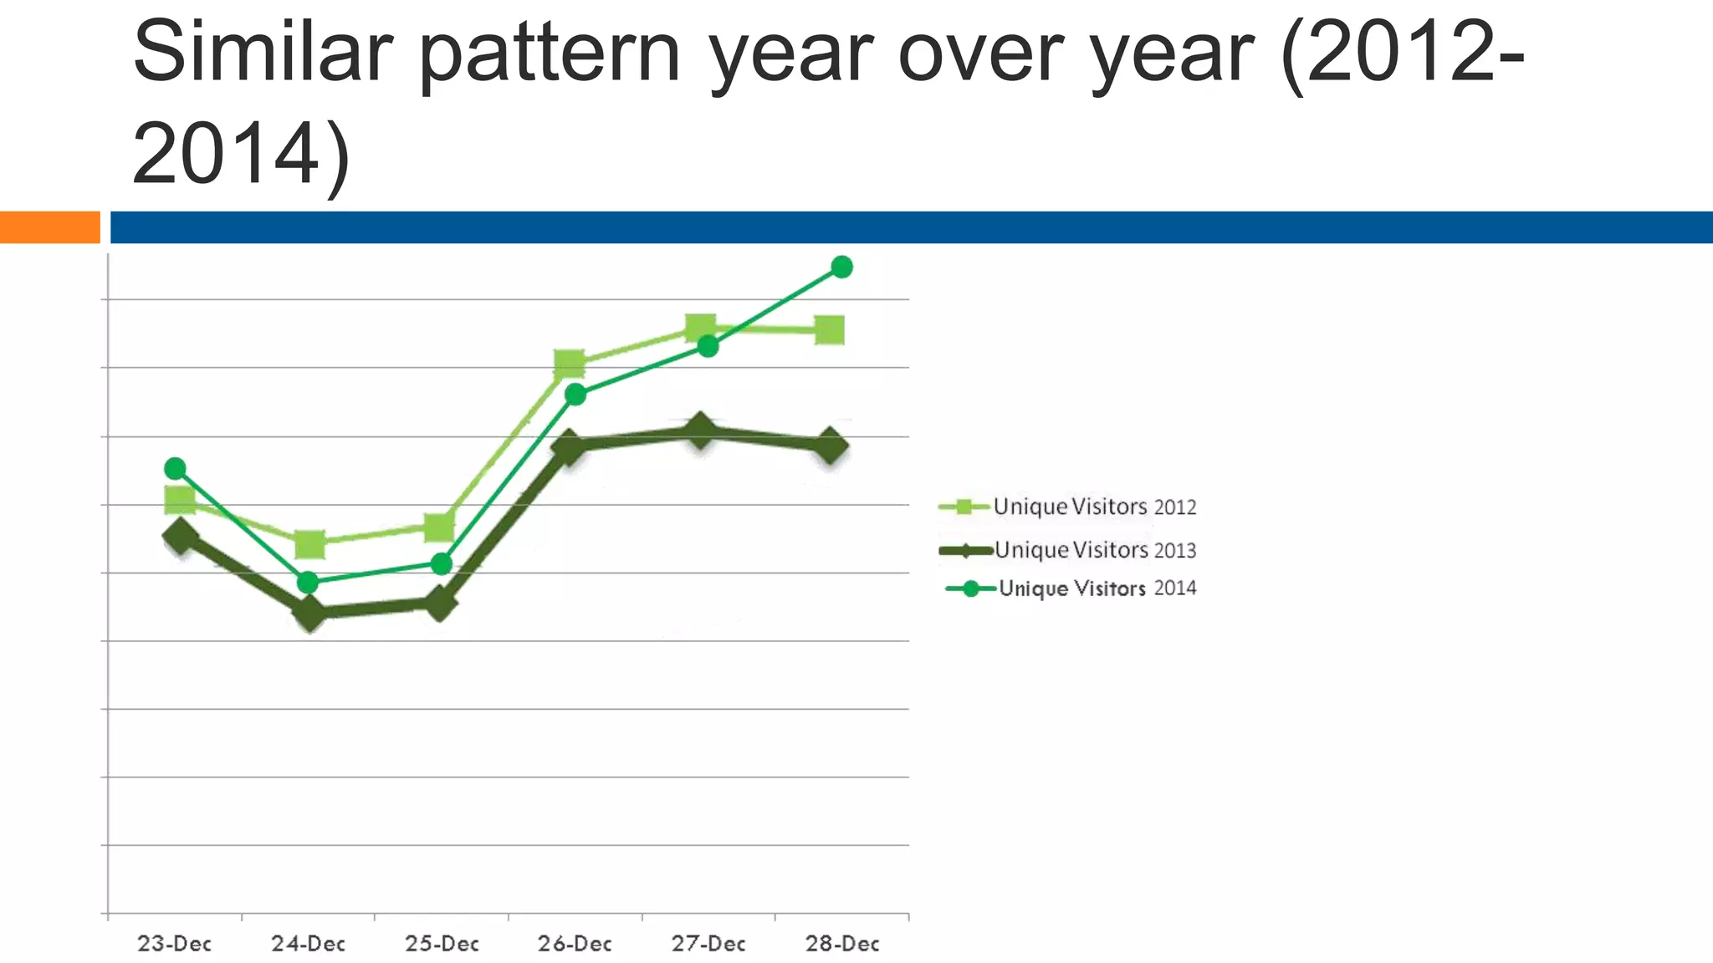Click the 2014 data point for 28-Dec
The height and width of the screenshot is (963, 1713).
841,267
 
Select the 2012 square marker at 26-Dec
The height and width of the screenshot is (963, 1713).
570,364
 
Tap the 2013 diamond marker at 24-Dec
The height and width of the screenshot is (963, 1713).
309,614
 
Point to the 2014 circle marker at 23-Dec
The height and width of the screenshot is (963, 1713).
175,468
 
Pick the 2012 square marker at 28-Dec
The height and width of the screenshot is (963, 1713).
829,330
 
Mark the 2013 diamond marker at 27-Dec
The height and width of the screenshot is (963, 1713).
700,431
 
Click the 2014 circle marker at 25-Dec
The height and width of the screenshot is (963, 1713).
442,564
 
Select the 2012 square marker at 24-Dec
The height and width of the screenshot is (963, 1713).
309,544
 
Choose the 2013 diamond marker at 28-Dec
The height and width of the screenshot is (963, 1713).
830,446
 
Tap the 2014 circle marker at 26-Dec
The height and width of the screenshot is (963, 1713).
575,395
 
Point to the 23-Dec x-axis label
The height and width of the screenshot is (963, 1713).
174,944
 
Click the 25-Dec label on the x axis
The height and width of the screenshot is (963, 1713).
442,944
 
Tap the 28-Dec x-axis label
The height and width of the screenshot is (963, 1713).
842,944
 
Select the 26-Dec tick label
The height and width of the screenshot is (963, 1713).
575,944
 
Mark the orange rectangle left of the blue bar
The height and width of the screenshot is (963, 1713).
49,227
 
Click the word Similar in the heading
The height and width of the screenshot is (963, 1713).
262,52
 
